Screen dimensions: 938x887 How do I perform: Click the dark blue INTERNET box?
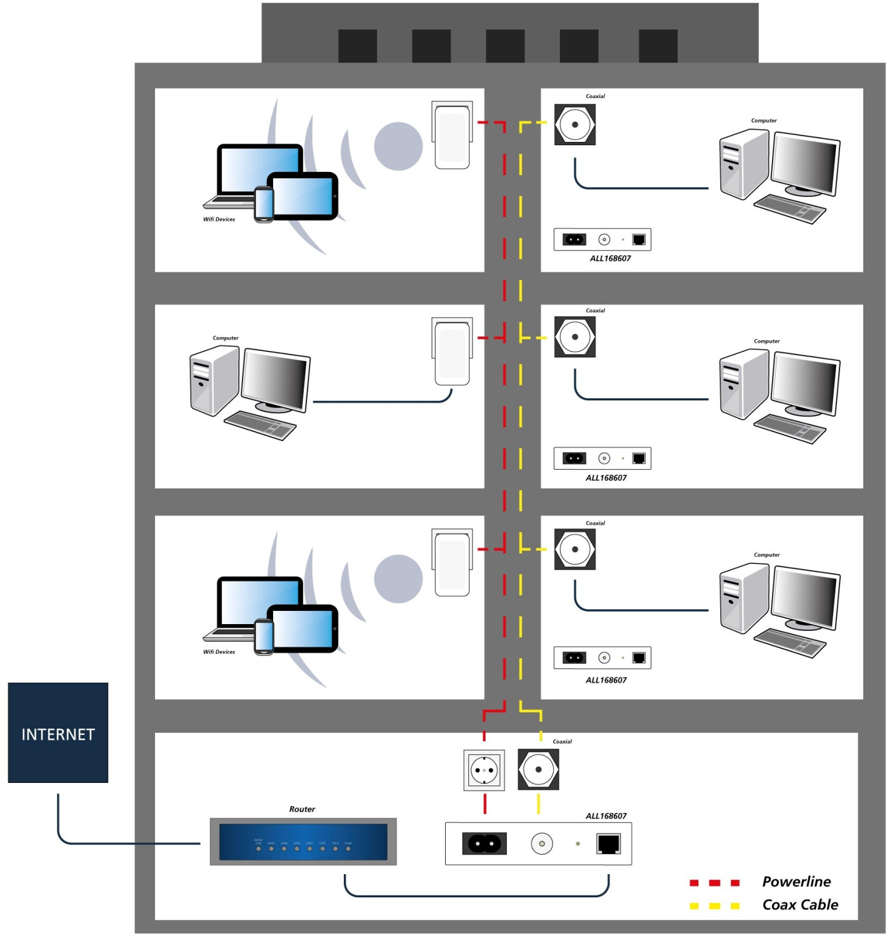tap(58, 732)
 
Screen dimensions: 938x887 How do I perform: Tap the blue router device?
tap(303, 842)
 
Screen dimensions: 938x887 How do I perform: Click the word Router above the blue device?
tap(302, 809)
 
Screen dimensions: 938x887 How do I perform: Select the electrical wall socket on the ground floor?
tap(484, 770)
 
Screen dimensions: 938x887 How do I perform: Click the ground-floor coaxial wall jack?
tap(538, 770)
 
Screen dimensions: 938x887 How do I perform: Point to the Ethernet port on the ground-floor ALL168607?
tap(608, 844)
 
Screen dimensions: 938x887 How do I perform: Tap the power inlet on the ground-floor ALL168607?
tap(484, 844)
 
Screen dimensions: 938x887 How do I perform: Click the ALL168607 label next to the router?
tap(606, 816)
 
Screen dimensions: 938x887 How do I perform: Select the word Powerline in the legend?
tap(796, 882)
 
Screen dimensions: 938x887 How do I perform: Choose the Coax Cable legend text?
tap(800, 905)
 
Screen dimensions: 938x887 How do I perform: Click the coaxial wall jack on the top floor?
tap(574, 124)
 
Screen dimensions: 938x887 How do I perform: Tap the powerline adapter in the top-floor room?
tap(452, 136)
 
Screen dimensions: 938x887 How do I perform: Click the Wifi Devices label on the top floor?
tap(219, 219)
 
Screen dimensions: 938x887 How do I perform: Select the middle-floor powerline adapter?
tap(452, 351)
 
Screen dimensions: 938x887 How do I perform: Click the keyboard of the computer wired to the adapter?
tap(260, 425)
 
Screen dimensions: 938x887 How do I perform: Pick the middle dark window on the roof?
tap(505, 46)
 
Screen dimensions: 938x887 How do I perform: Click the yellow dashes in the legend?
tap(714, 905)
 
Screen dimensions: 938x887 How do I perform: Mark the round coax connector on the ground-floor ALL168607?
tap(542, 844)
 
